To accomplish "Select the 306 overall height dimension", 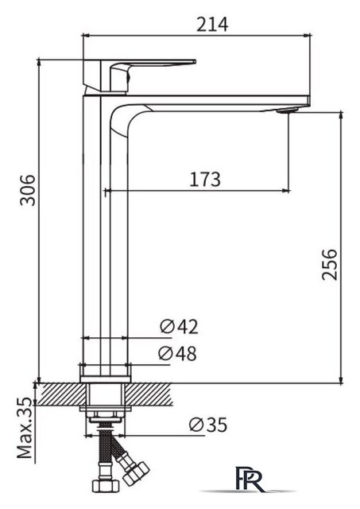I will (x=27, y=189).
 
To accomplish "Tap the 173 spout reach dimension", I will (x=204, y=179).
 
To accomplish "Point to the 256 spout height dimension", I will (x=331, y=264).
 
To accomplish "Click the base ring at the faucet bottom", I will (x=105, y=371).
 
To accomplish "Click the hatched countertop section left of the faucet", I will (x=58, y=392).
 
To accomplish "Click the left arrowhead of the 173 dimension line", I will (x=106, y=191).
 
